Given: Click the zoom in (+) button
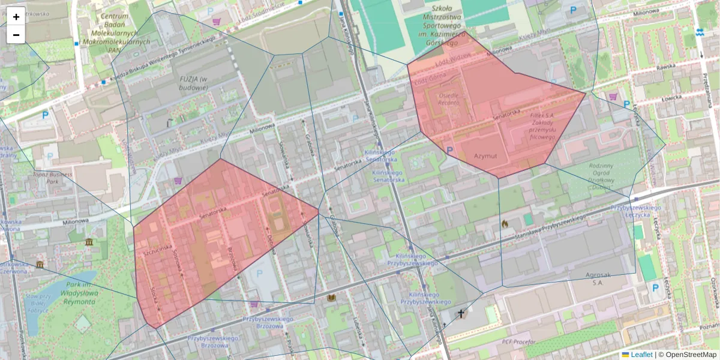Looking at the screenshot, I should tap(16, 17).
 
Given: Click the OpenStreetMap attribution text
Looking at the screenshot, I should tap(691, 355).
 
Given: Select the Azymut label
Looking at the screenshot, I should tap(487, 155).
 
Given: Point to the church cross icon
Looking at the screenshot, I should tap(461, 313).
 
